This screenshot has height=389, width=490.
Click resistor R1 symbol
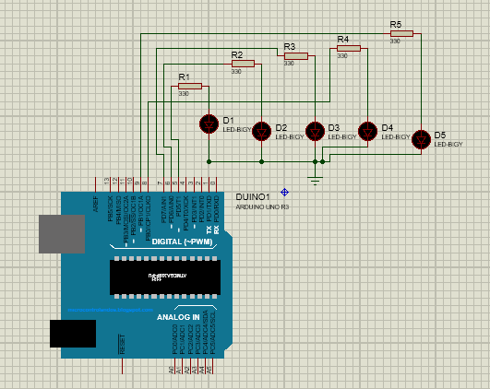coord(189,87)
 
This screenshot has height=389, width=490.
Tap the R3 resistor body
coord(294,56)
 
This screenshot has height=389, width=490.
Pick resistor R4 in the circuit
coord(348,49)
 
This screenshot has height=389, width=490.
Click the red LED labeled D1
coord(209,124)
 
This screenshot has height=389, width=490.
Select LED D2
coord(261,130)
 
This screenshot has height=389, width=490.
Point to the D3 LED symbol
coord(316,131)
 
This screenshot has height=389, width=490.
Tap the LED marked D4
coord(368,131)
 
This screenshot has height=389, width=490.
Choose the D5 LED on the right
coord(422,139)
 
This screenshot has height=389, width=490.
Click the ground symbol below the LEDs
coord(316,179)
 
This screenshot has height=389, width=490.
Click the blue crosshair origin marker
coord(285,192)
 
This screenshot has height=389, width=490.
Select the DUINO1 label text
coord(252,197)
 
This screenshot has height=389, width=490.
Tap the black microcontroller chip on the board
coord(162,277)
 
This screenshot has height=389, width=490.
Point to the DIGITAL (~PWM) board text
coord(182,242)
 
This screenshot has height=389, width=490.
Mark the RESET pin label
coord(122,345)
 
